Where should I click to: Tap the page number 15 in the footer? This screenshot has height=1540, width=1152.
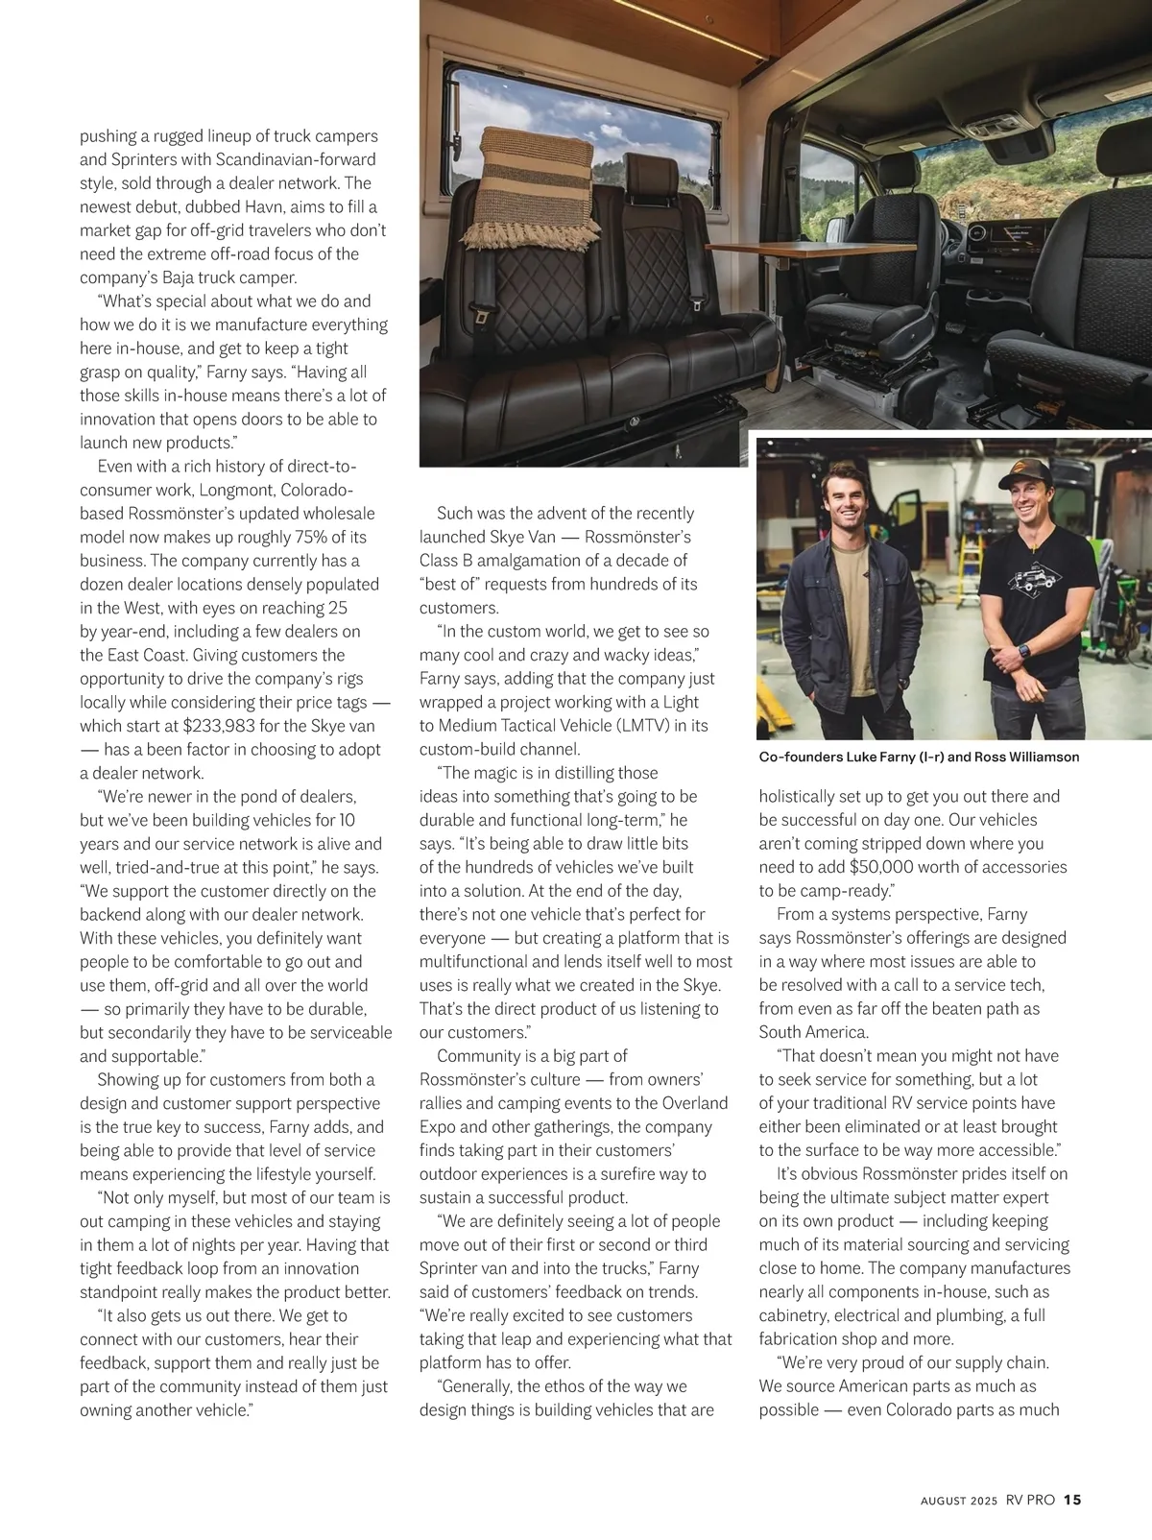[x=1072, y=1500]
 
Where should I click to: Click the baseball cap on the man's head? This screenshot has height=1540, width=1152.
[x=1023, y=471]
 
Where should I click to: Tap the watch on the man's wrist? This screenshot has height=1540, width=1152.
[x=1024, y=651]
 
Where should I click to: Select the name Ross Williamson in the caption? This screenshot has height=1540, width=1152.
[x=1026, y=757]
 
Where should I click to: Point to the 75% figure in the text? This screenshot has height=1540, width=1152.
[x=296, y=537]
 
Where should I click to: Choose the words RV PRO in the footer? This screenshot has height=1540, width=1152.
[x=1030, y=1500]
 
